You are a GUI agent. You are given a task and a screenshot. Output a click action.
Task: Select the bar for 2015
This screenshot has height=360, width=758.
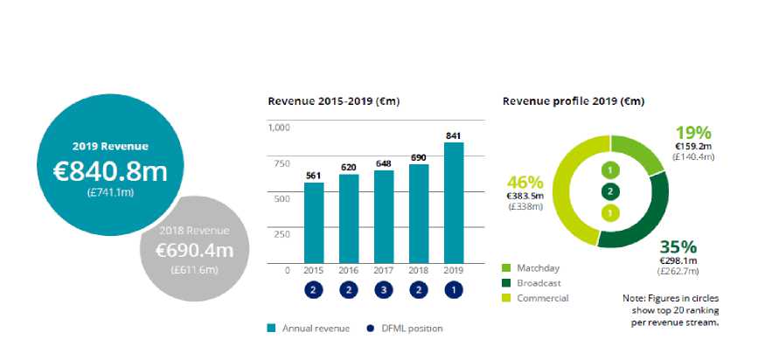pos(314,223)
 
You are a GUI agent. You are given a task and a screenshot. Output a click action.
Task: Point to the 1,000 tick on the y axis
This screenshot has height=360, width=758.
pos(278,128)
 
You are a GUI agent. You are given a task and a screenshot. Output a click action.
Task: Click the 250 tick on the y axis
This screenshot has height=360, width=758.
pos(282,233)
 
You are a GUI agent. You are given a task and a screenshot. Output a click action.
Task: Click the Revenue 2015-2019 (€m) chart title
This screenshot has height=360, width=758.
pos(333,101)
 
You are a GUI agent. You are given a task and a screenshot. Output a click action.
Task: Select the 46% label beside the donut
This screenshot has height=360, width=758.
pos(525,183)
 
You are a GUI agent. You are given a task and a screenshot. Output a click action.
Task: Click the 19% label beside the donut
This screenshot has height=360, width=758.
pos(694,133)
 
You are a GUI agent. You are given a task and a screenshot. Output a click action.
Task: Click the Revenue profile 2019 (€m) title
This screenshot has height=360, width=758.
pos(574,101)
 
